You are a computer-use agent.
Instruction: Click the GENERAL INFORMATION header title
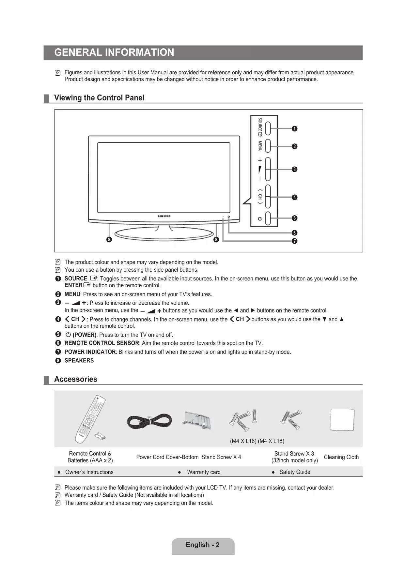114,53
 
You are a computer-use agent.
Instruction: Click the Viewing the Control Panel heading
99,98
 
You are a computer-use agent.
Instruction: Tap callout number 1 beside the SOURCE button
294,129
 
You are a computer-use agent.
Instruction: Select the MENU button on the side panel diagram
268,146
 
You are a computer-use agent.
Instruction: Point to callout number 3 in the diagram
294,169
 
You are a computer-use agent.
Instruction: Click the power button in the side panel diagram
268,218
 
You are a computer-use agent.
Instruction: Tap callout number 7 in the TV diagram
294,241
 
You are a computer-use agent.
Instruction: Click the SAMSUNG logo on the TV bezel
164,216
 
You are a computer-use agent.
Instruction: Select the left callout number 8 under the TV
109,240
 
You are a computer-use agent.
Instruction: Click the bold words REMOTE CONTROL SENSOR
101,343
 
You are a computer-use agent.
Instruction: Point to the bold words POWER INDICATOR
90,352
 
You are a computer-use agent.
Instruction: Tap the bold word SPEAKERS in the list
79,360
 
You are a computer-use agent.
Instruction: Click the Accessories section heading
75,379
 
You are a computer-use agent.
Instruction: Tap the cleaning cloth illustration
342,420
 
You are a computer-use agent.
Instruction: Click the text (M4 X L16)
243,441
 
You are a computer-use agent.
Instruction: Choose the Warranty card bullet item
203,472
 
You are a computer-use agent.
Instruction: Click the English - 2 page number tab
203,545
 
